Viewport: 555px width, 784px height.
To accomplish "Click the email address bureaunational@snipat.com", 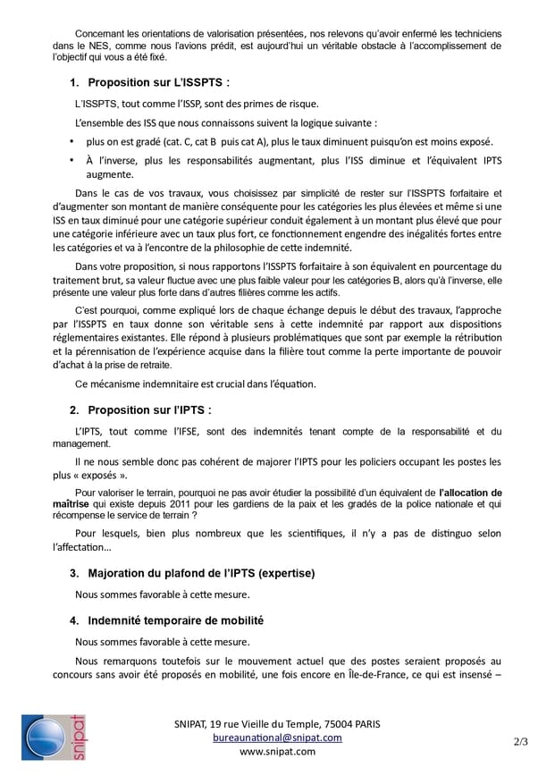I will pyautogui.click(x=277, y=738).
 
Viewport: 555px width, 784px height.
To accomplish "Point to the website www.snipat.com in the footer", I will pyautogui.click(x=277, y=752).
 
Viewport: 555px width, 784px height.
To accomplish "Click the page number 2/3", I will pyautogui.click(x=521, y=741).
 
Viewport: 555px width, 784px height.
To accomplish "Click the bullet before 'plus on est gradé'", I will pyautogui.click(x=71, y=142).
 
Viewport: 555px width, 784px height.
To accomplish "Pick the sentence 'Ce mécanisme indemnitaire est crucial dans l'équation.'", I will pyautogui.click(x=196, y=384).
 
